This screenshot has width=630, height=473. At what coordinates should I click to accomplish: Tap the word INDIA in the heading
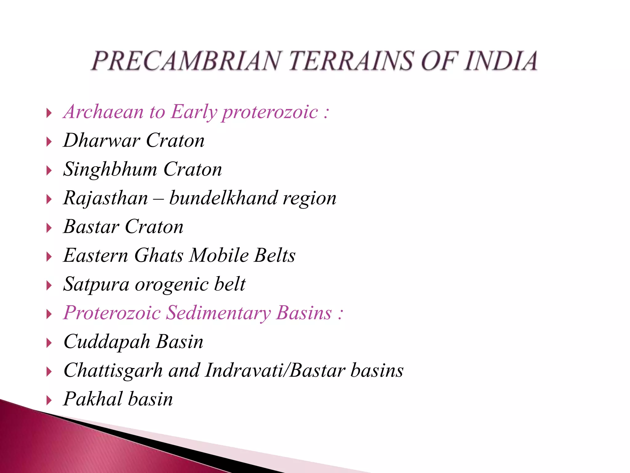point(501,61)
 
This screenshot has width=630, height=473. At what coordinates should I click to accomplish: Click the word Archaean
point(103,111)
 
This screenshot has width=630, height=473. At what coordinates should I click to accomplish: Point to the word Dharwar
point(102,140)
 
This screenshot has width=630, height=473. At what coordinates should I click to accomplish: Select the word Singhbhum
point(110,169)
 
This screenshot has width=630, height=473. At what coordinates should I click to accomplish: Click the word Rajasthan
point(106,198)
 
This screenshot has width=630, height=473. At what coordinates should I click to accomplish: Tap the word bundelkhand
point(223,198)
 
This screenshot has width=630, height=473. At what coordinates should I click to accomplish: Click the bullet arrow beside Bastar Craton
point(49,228)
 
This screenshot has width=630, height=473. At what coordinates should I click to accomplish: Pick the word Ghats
point(159,256)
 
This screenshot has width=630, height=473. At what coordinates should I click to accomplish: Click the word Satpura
point(96,285)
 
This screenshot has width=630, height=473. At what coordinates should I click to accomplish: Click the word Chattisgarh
point(113,371)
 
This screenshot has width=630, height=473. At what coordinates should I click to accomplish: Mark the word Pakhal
point(93,399)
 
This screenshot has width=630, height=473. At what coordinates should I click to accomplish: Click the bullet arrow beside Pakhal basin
point(49,401)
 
